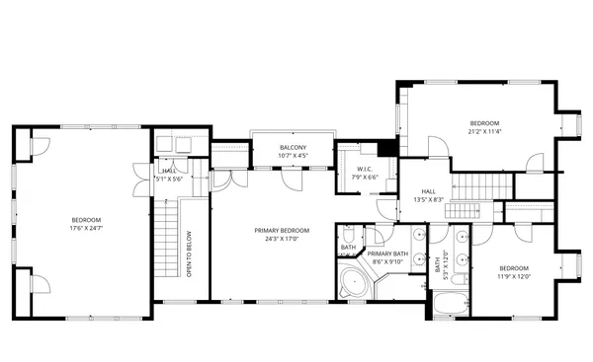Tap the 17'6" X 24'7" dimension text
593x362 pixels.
coord(86,228)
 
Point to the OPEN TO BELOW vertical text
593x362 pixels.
coord(189,253)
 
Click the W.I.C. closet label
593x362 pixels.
coord(364,169)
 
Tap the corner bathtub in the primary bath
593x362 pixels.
coord(352,286)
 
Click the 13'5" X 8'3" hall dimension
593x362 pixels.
coord(428,199)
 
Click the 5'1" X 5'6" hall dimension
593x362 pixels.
coord(169,180)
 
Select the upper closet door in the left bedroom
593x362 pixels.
coord(40,148)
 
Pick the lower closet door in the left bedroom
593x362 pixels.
coord(40,285)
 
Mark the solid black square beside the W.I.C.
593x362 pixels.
coord(388,149)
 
